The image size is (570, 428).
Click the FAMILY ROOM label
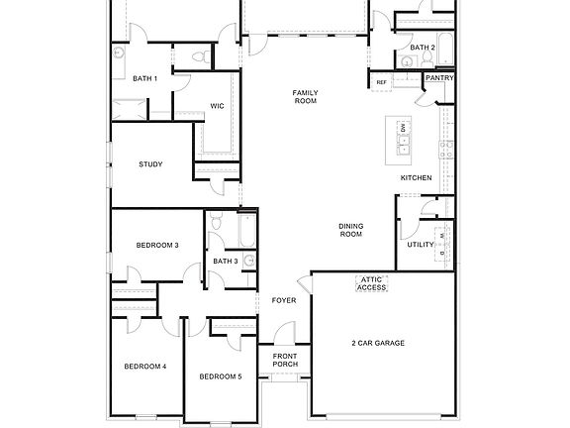pyautogui.click(x=305, y=97)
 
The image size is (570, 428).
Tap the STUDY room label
pyautogui.click(x=150, y=164)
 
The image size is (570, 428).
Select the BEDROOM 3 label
pyautogui.click(x=156, y=245)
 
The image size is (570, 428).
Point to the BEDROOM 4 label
pyautogui.click(x=144, y=367)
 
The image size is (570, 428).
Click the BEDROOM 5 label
pyautogui.click(x=220, y=376)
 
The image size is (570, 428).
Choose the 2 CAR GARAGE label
pyautogui.click(x=378, y=343)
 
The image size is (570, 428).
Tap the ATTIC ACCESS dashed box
pyautogui.click(x=371, y=284)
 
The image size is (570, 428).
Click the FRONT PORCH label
pyautogui.click(x=285, y=360)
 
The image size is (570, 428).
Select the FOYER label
pyautogui.click(x=284, y=300)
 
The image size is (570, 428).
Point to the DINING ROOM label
pyautogui.click(x=351, y=230)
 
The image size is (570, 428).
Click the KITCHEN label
pyautogui.click(x=416, y=178)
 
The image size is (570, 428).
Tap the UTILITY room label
pyautogui.click(x=421, y=245)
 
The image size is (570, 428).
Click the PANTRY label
pyautogui.click(x=438, y=77)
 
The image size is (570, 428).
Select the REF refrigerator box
pyautogui.click(x=382, y=81)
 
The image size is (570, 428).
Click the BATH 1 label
pyautogui.click(x=145, y=78)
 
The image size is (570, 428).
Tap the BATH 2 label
pyautogui.click(x=423, y=47)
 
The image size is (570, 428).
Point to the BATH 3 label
pyautogui.click(x=225, y=262)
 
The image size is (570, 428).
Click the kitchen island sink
pyautogui.click(x=403, y=149)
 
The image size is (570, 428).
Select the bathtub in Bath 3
pyautogui.click(x=246, y=231)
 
